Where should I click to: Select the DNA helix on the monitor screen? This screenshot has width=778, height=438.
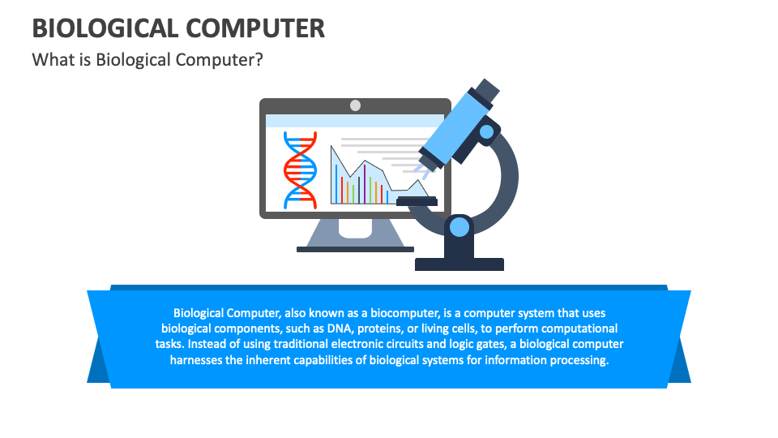[x=299, y=169]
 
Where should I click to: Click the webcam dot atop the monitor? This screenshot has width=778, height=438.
[x=355, y=105]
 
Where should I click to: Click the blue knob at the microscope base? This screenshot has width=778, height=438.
[x=460, y=226]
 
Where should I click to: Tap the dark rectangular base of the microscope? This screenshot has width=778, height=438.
[x=460, y=264]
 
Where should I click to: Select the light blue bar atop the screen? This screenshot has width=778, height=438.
[x=354, y=121]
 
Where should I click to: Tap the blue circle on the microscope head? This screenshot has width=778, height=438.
[x=486, y=131]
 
